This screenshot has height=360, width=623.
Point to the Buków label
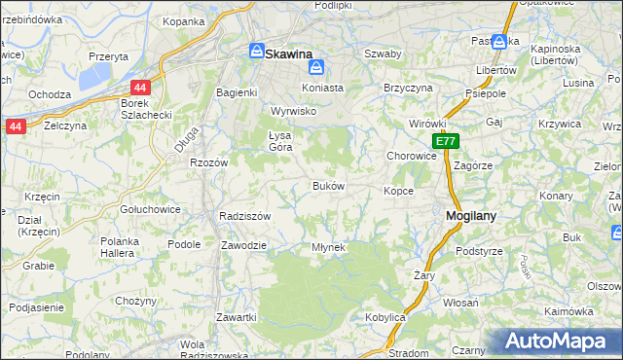pos(327,185)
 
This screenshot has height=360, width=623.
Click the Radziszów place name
pos(244,216)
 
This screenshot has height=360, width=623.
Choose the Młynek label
pos(329,247)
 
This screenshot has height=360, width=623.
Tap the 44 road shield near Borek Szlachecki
pos(141,88)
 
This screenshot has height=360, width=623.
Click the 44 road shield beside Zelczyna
pos(15,126)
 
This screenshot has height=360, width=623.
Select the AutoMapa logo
pos(558,341)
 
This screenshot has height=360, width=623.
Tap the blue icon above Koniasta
pos(316,68)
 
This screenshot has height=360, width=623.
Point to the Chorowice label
pos(411,155)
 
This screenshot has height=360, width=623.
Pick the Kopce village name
pos(398,191)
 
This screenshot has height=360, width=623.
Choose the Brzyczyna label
pos(408,87)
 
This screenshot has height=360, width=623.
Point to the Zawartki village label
pos(237,317)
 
